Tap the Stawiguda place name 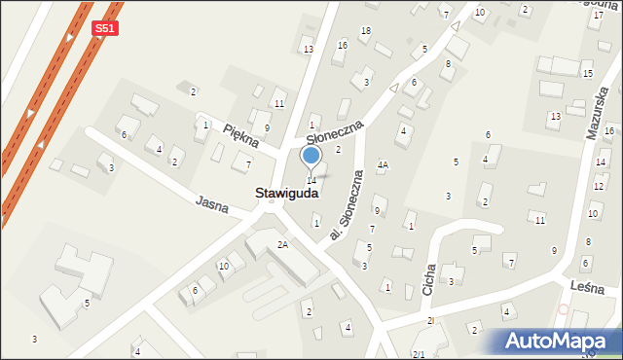pos(286,194)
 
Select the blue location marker pos(311,157)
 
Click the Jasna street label pos(212,203)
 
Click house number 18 pos(365,31)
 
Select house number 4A pos(384,165)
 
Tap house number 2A pos(282,244)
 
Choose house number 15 pos(587,74)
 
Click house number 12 pos(598,185)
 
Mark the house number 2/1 pos(419,354)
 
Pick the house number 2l pos(430,320)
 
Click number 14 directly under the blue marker pos(311,181)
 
